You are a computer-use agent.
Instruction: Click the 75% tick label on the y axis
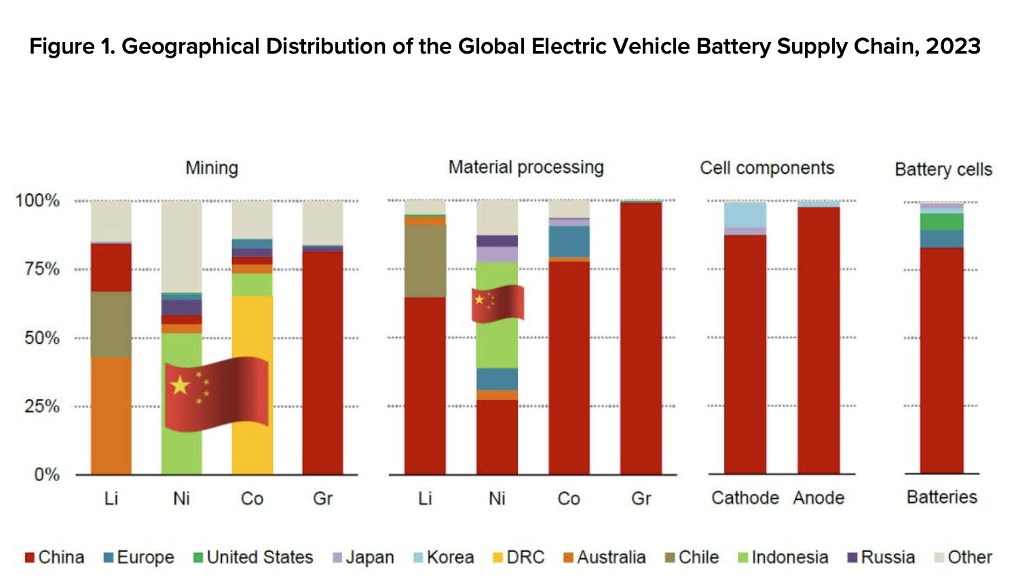42,269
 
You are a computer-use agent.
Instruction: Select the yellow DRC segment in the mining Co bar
252,326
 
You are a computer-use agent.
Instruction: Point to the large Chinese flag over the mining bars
216,393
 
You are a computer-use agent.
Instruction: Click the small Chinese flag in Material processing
497,303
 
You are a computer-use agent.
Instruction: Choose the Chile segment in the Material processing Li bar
425,261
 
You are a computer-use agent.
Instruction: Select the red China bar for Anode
818,339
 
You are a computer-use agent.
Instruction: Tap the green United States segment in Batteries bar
941,221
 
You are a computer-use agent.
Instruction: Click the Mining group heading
212,168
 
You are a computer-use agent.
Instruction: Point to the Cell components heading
767,168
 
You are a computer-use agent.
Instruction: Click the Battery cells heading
943,169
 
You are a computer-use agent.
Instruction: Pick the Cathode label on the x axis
744,498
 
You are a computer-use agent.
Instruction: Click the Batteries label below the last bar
942,497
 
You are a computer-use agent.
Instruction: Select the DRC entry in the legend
519,557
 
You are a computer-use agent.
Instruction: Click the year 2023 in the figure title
953,46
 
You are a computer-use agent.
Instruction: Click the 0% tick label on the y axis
47,474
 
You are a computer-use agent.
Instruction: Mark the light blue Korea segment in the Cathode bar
745,214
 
